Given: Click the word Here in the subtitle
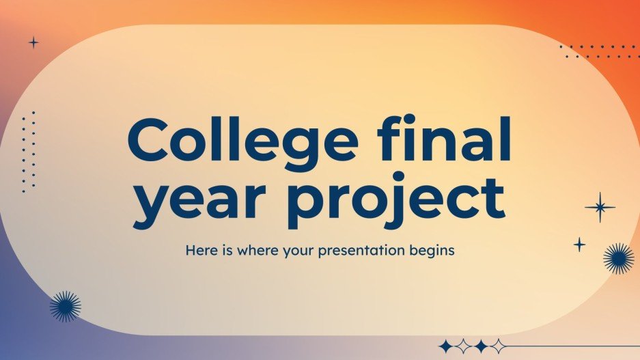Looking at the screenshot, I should tap(200, 251).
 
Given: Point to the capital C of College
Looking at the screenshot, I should tap(150, 141).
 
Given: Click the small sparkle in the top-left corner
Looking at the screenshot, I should tap(33, 42).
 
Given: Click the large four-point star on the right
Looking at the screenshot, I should tap(600, 208).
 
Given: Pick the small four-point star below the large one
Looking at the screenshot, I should tap(579, 244).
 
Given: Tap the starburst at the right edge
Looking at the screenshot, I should tap(619, 258).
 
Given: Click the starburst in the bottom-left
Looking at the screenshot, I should tap(66, 306).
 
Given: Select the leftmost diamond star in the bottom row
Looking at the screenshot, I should tap(446, 346).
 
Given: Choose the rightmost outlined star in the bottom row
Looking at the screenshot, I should tap(499, 346).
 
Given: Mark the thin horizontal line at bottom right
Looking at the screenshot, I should tap(574, 346).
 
